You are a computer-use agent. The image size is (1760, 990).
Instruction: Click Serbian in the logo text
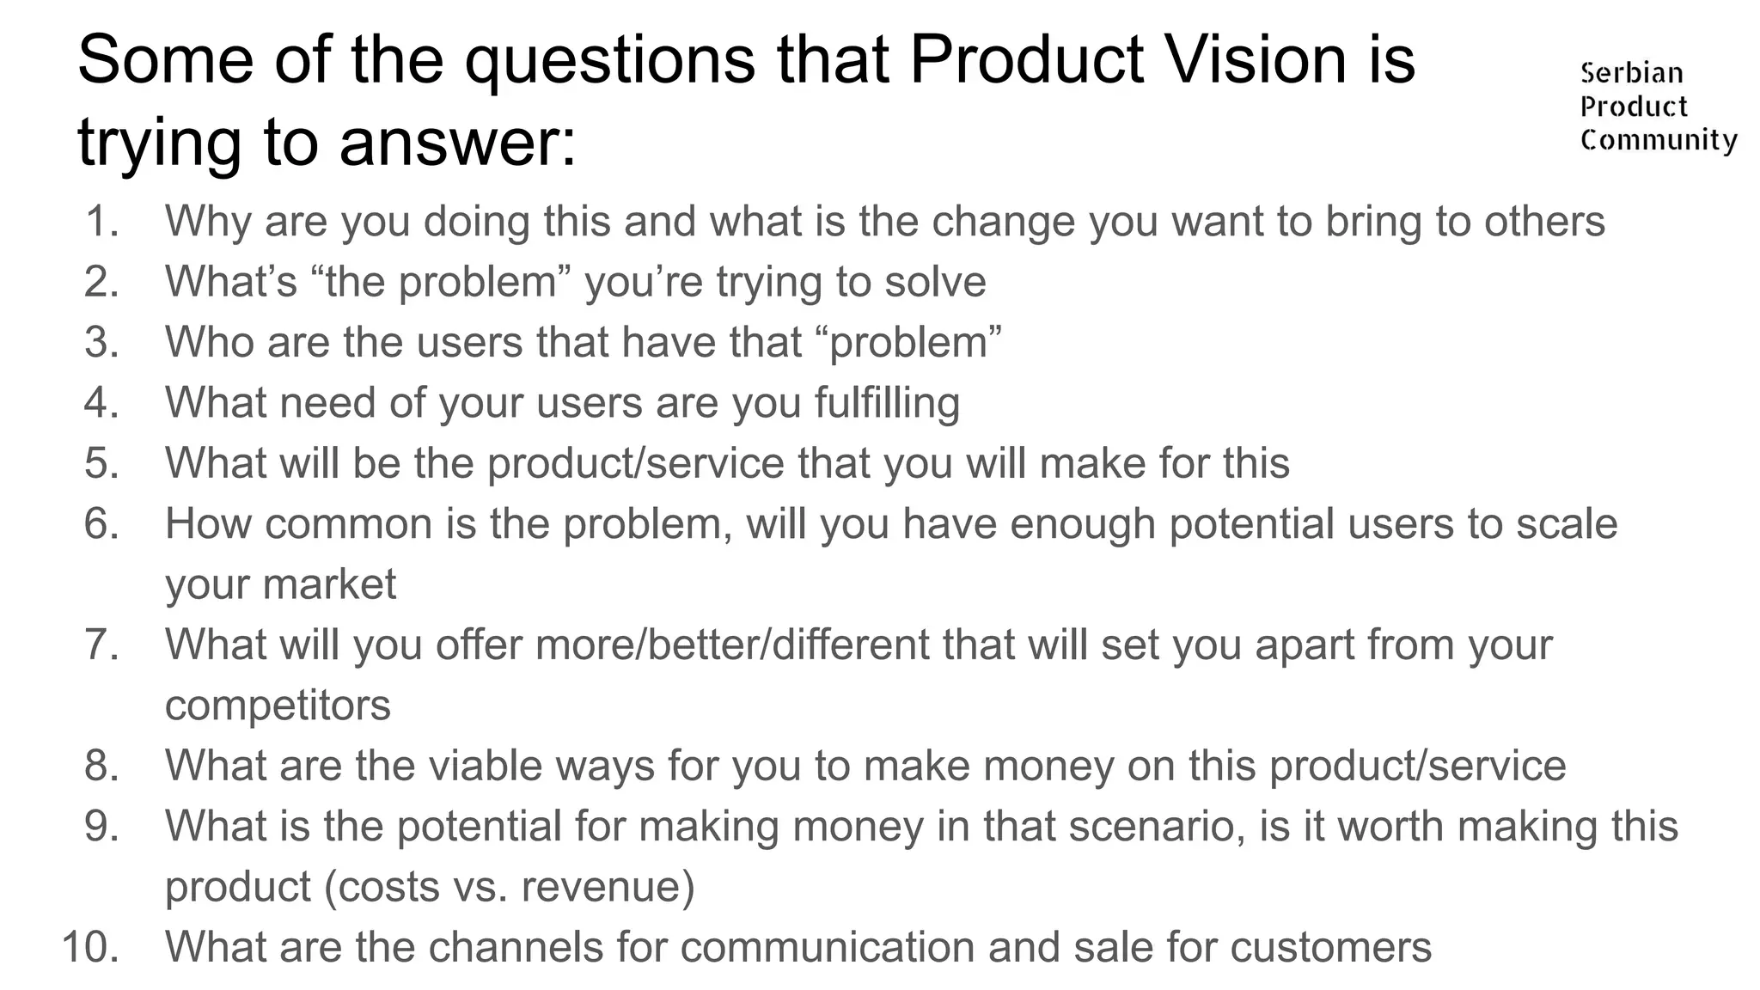tap(1631, 73)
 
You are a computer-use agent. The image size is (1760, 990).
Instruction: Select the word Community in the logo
tap(1659, 140)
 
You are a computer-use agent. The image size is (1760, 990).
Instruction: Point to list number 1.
tap(102, 222)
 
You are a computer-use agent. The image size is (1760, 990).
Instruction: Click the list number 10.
tap(90, 947)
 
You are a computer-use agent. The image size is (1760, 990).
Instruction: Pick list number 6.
tap(102, 524)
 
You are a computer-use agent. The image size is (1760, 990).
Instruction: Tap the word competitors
tap(278, 706)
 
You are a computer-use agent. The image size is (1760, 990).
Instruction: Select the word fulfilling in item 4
tap(887, 403)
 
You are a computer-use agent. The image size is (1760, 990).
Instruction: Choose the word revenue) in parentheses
tap(608, 887)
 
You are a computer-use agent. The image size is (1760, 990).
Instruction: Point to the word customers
tap(1330, 947)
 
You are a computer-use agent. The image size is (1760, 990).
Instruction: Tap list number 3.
tap(102, 343)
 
